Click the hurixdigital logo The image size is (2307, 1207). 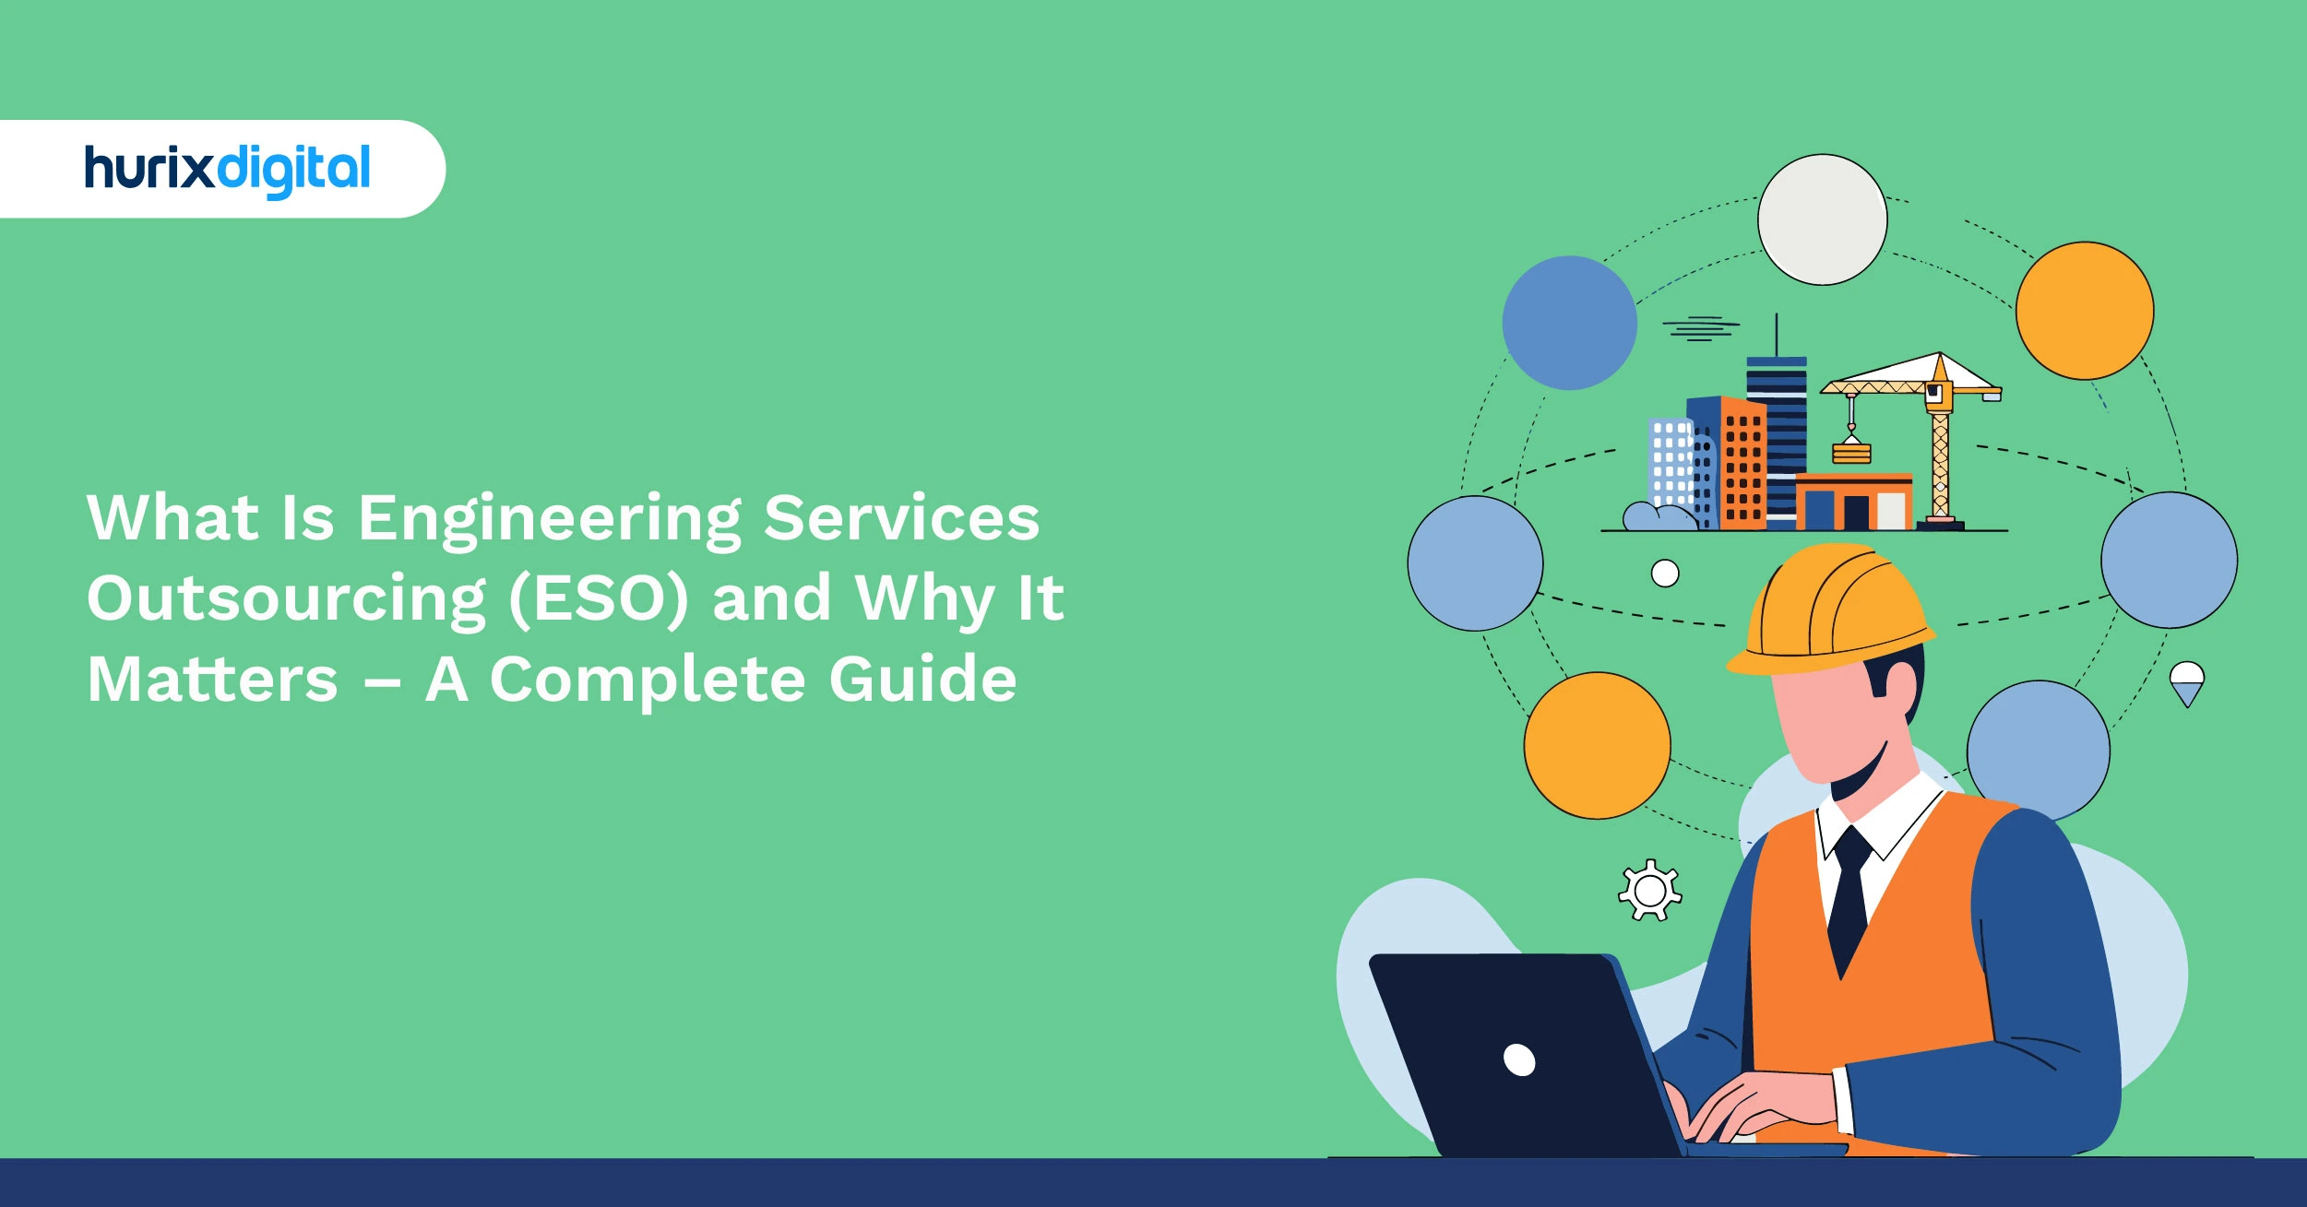(227, 170)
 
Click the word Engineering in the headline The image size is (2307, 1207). (549, 518)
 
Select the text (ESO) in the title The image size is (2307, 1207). (599, 598)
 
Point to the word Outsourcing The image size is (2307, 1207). (286, 598)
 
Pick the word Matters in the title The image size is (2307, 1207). (213, 680)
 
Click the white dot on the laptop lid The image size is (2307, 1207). (1519, 1059)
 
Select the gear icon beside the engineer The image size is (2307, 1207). (1650, 891)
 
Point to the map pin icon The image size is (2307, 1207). (2187, 683)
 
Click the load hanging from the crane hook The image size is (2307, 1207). (1851, 452)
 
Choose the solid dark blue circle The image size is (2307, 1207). (1569, 323)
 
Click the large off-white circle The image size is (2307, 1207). (1822, 219)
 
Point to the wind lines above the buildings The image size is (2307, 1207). (1700, 328)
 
